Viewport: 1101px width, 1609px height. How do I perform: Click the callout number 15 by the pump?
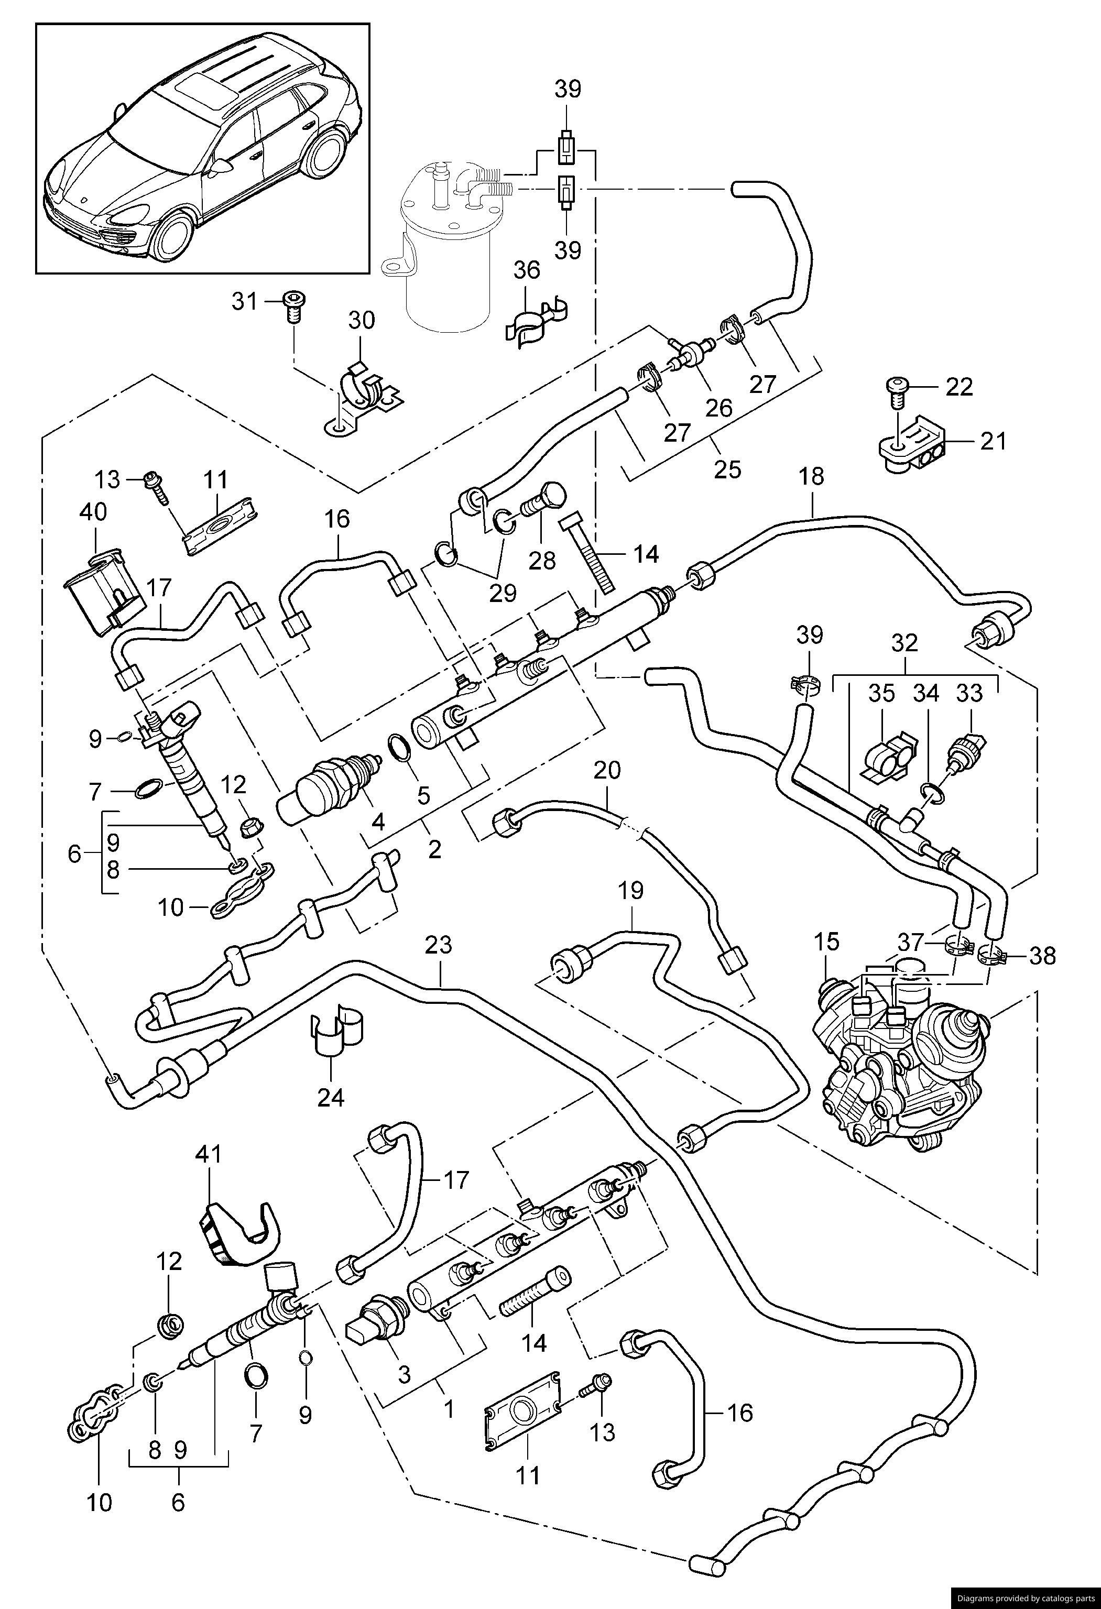pos(827,942)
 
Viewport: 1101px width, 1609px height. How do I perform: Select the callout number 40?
pos(93,513)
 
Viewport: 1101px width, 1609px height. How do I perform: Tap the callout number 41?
pos(209,1154)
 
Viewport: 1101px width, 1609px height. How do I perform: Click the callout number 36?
pos(527,270)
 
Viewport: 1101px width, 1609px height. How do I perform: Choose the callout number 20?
pos(607,771)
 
